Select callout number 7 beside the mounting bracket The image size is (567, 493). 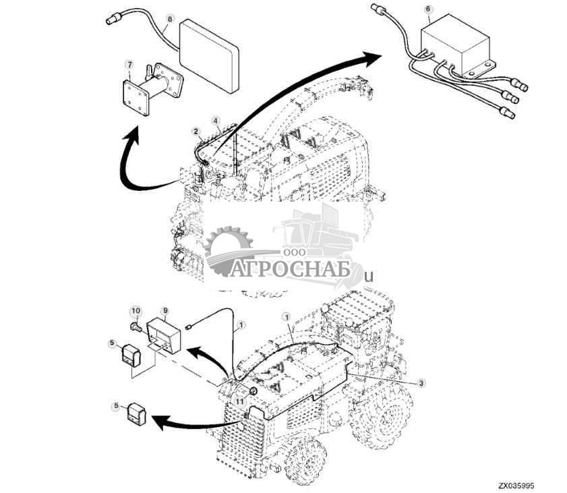click(x=129, y=65)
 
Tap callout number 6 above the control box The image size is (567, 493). click(x=427, y=9)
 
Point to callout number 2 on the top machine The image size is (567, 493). click(x=196, y=131)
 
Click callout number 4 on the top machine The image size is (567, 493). click(x=216, y=121)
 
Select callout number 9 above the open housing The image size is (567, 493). click(x=165, y=311)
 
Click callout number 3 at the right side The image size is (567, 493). click(x=421, y=382)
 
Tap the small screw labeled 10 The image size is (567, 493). click(x=136, y=327)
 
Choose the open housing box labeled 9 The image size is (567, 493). click(x=165, y=335)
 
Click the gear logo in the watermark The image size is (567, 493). click(x=228, y=250)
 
